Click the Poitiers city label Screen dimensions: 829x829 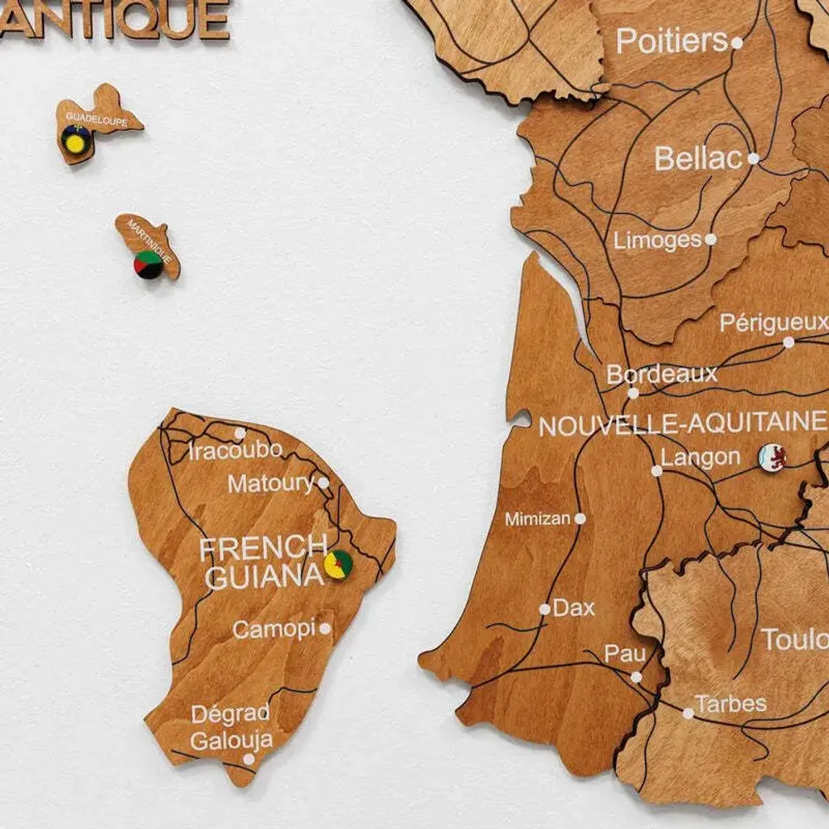coord(671,41)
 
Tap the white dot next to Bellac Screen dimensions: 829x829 coord(753,158)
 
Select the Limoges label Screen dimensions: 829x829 coord(657,240)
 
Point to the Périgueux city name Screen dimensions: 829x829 coord(773,322)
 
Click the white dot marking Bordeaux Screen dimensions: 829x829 coord(633,393)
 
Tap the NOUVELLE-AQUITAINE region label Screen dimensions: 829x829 coord(682,425)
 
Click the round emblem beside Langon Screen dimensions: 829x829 coord(772,455)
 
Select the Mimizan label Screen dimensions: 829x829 coord(538,519)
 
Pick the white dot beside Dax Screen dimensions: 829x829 coord(545,609)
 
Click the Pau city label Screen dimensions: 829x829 coord(624,654)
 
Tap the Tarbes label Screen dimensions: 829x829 coord(730,705)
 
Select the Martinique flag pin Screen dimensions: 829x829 coord(148,264)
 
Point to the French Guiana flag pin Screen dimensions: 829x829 coord(338,564)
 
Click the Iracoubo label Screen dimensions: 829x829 coord(235,451)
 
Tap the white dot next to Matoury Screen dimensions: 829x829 coord(323,482)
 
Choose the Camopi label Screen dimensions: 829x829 coord(274,629)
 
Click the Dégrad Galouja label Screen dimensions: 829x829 coord(230,727)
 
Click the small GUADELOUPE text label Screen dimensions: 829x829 coord(96,120)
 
